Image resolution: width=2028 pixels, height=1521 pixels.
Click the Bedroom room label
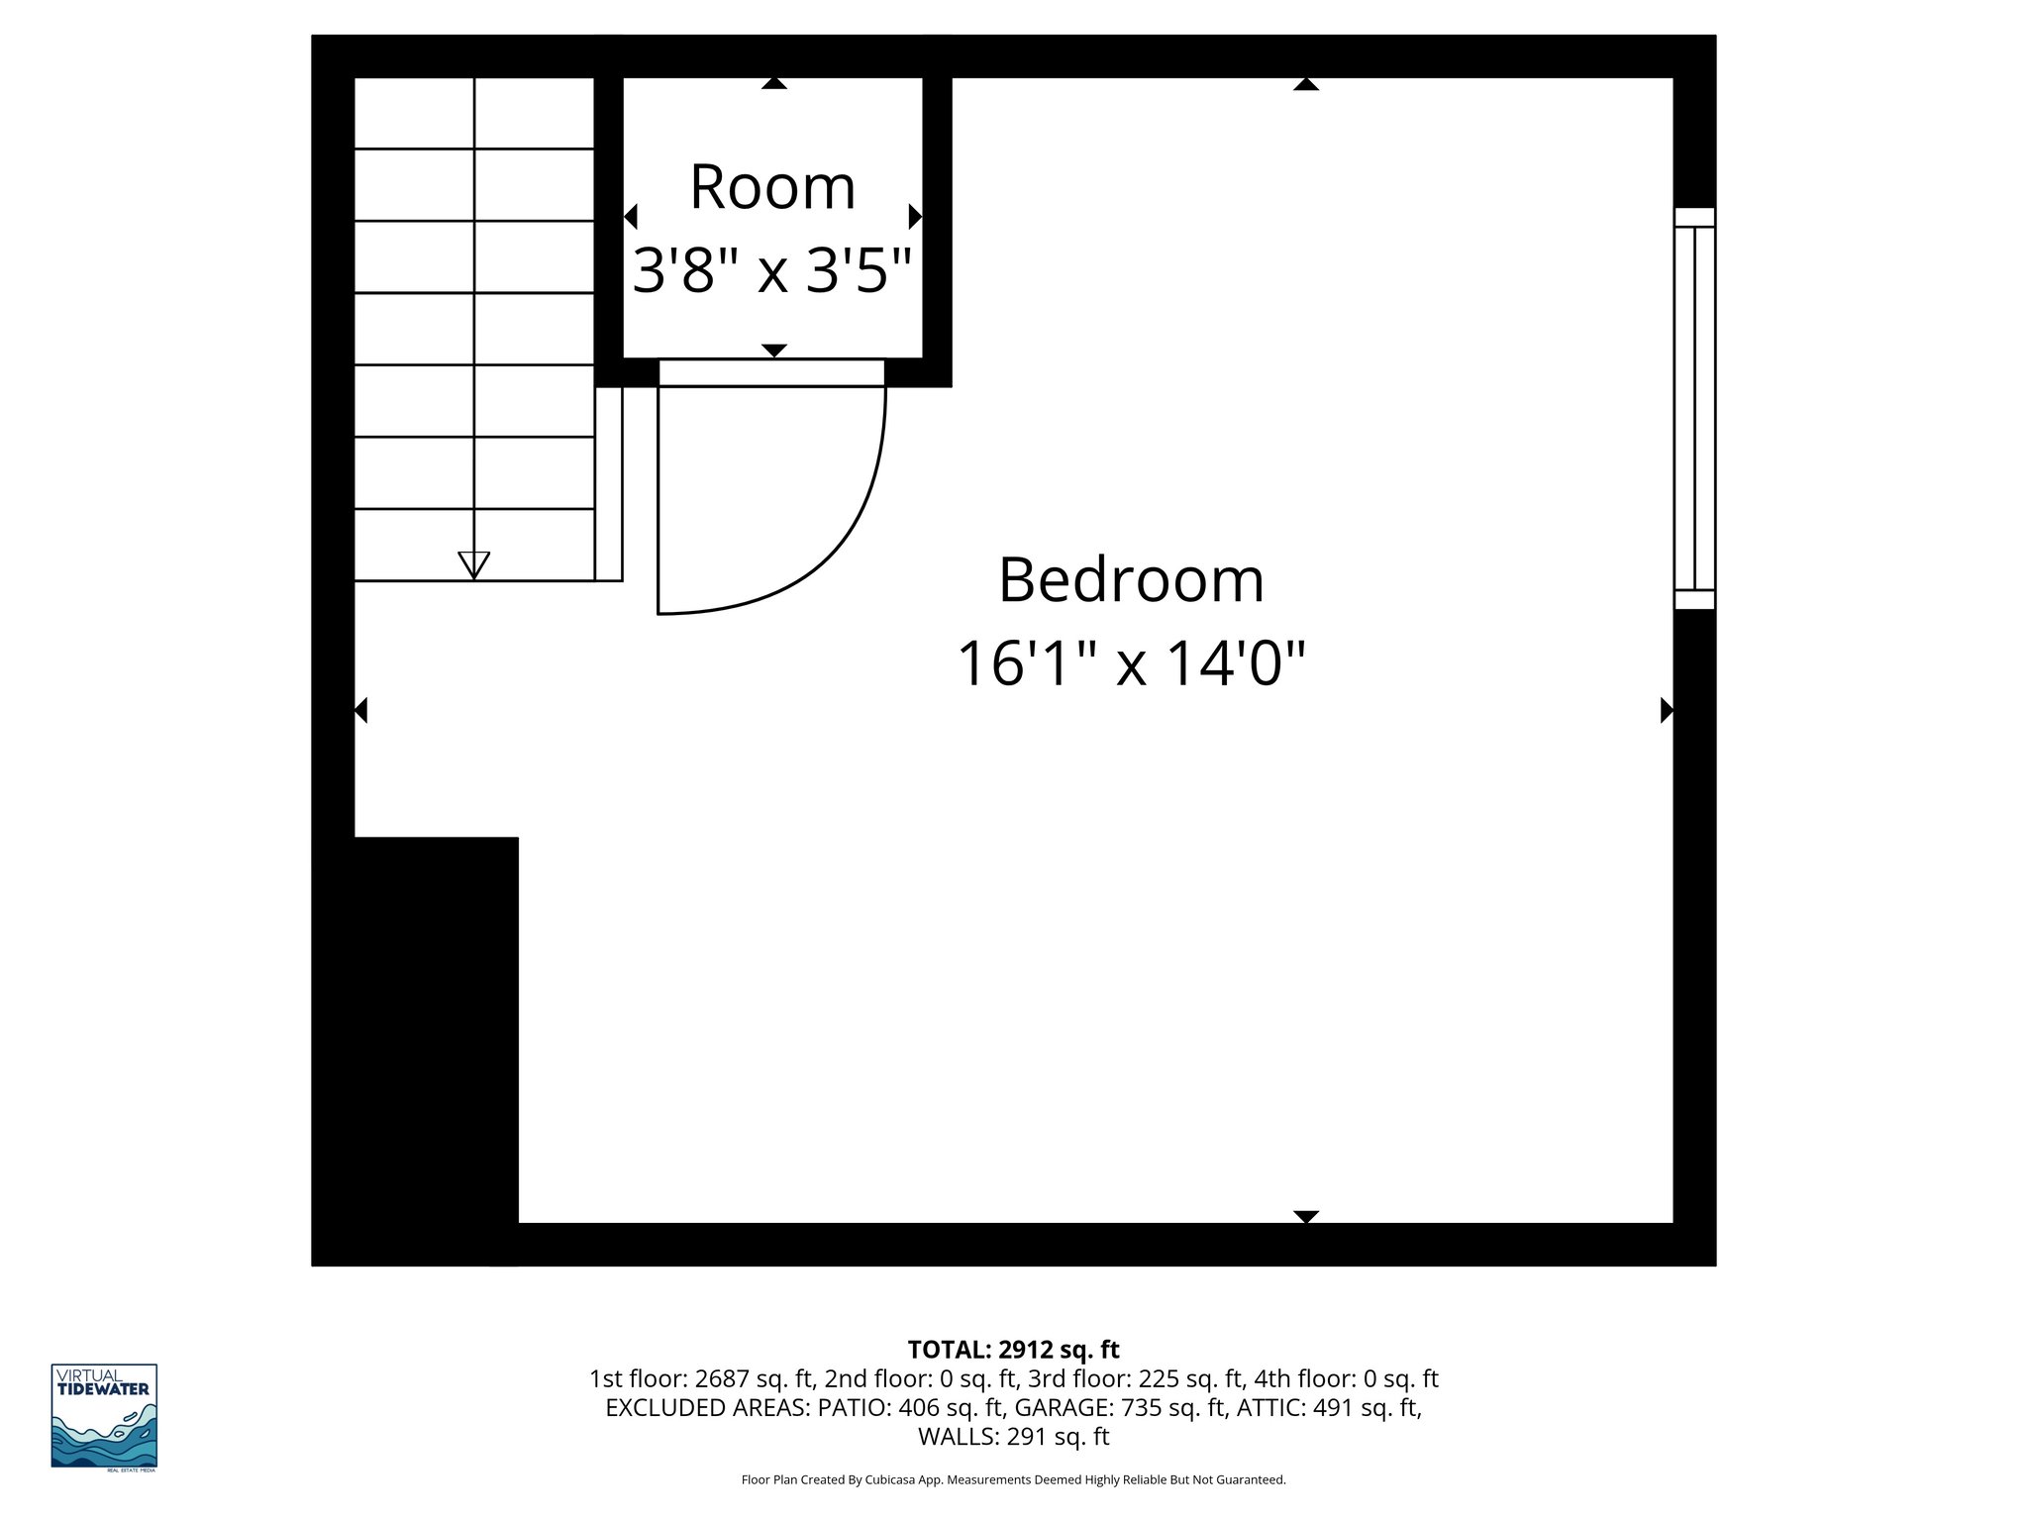click(1131, 580)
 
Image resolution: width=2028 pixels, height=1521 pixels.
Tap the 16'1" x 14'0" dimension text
click(1131, 663)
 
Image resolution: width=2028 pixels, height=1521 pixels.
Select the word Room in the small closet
click(772, 187)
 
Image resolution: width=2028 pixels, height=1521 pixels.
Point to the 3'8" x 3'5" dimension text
click(771, 270)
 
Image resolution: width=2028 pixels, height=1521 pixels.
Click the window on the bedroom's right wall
click(1694, 408)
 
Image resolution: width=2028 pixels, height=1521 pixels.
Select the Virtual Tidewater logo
click(104, 1416)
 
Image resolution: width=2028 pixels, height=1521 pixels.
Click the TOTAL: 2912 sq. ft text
click(1013, 1350)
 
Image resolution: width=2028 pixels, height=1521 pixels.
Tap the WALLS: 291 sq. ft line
click(1013, 1437)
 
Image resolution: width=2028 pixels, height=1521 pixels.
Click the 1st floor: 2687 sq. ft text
click(701, 1378)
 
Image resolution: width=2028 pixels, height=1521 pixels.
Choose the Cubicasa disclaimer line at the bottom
click(1013, 1480)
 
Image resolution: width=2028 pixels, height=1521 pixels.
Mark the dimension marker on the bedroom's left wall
click(361, 710)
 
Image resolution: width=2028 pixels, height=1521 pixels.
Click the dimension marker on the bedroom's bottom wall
click(1306, 1216)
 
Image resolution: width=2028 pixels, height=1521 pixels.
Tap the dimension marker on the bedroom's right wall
click(1667, 710)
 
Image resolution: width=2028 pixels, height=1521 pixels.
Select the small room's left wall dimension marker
click(631, 216)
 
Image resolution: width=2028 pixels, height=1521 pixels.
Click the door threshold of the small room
click(771, 373)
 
